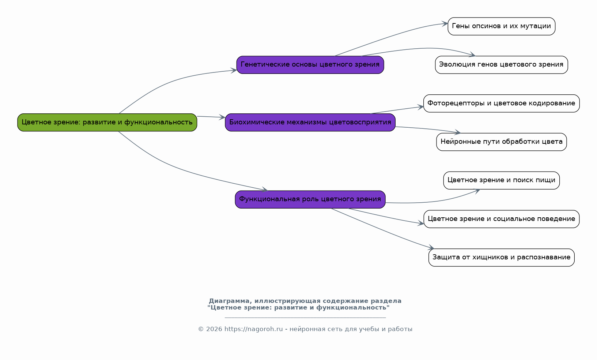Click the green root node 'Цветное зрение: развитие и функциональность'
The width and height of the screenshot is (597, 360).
pyautogui.click(x=107, y=123)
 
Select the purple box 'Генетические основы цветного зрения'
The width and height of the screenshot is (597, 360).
pyautogui.click(x=310, y=65)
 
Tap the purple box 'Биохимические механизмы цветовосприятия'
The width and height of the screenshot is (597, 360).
pyautogui.click(x=310, y=123)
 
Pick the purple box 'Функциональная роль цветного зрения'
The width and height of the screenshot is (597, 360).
pyautogui.click(x=310, y=199)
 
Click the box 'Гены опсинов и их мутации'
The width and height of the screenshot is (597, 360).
pyautogui.click(x=502, y=26)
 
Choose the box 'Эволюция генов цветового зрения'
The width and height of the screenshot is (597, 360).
pyautogui.click(x=502, y=65)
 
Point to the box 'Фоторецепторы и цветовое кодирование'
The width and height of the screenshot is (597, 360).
pyautogui.click(x=502, y=104)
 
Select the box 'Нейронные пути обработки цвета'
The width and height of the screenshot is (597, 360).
pyautogui.click(x=502, y=142)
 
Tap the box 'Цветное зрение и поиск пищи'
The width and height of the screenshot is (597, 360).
pyautogui.click(x=502, y=180)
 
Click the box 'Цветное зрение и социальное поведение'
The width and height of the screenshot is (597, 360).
pyautogui.click(x=502, y=219)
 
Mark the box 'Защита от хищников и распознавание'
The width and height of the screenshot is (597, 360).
pyautogui.click(x=502, y=258)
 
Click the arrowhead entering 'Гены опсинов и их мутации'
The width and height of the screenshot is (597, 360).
pyautogui.click(x=445, y=24)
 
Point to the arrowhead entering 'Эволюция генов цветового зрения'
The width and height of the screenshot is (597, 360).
pyautogui.click(x=472, y=55)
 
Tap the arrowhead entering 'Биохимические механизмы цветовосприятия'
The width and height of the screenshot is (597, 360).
pyautogui.click(x=222, y=117)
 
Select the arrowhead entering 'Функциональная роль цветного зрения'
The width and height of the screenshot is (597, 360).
pyautogui.click(x=265, y=190)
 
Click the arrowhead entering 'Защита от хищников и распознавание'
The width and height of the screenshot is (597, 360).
pyautogui.click(x=431, y=247)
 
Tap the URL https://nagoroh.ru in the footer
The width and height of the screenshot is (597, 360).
pyautogui.click(x=253, y=329)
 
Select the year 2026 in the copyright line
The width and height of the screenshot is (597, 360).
pyautogui.click(x=214, y=329)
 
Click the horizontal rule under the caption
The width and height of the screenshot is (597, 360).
pyautogui.click(x=305, y=318)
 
